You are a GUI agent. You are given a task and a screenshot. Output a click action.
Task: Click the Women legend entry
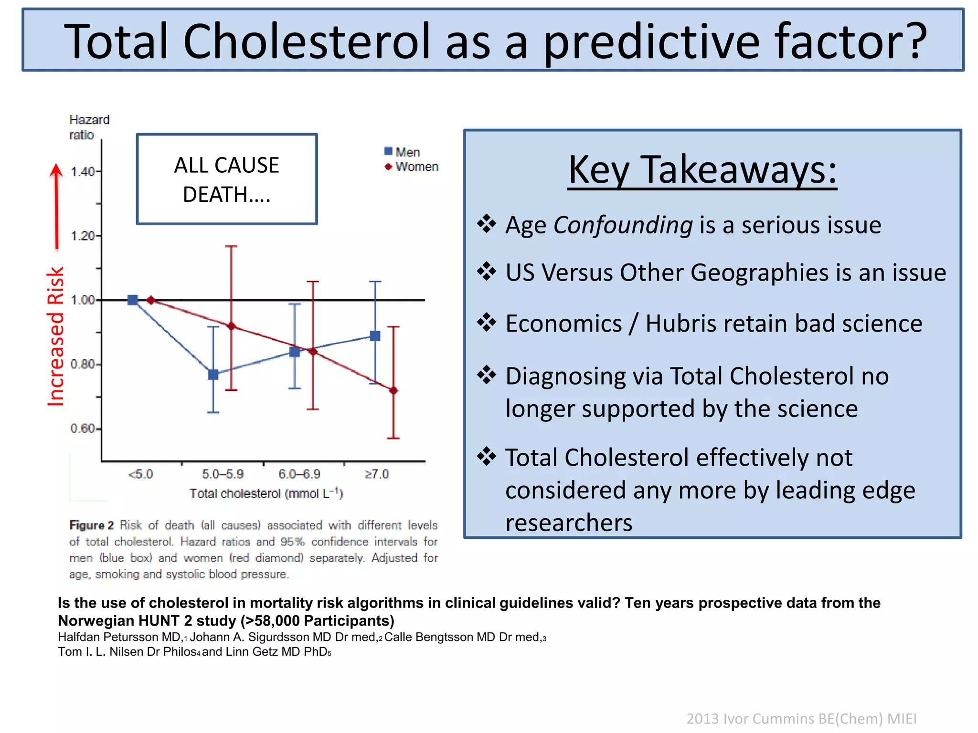click(412, 167)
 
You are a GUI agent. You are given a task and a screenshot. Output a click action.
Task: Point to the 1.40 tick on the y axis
click(83, 171)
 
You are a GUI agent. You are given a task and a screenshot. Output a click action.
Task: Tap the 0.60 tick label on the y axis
click(83, 428)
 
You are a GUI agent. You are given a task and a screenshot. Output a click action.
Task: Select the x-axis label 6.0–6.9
click(299, 474)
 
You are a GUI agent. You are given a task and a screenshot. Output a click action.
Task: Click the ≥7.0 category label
click(377, 474)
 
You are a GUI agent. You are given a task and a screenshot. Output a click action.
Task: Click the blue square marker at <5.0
click(133, 300)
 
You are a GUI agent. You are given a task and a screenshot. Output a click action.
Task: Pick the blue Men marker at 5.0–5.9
click(213, 374)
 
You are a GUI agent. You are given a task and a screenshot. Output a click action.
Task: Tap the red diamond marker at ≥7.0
click(393, 390)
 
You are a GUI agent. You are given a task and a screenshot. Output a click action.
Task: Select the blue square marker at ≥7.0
click(375, 336)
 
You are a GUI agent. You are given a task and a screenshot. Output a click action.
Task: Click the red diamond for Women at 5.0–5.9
click(232, 326)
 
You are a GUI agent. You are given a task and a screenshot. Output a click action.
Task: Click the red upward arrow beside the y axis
click(56, 205)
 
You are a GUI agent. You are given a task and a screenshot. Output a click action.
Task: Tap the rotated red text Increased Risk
click(56, 336)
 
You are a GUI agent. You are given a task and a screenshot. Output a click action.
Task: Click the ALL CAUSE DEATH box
click(227, 179)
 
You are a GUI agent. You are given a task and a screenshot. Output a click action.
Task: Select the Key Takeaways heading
click(702, 170)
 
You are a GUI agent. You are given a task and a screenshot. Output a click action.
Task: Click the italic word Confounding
click(623, 225)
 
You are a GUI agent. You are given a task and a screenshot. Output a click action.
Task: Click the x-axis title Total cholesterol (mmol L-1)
click(266, 493)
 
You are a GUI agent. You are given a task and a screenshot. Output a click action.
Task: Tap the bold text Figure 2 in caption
click(92, 525)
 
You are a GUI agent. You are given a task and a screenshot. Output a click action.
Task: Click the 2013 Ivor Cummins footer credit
click(801, 718)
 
